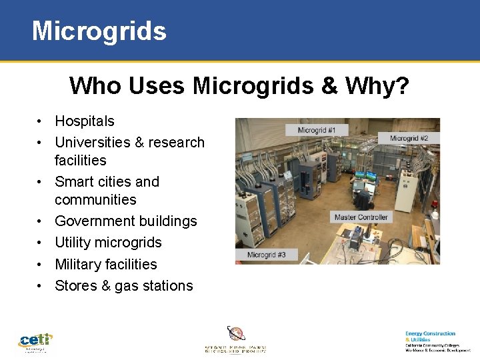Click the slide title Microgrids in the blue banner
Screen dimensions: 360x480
point(99,31)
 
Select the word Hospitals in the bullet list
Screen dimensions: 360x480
point(85,121)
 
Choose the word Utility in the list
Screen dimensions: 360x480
point(72,243)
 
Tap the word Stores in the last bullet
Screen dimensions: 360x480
point(75,286)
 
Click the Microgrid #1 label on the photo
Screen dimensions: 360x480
point(317,130)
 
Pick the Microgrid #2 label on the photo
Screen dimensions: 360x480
point(409,139)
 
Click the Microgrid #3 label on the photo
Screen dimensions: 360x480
point(266,255)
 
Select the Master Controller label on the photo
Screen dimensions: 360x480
point(361,217)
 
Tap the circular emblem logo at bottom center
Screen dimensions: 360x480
point(235,333)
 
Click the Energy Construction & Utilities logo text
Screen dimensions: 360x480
point(431,336)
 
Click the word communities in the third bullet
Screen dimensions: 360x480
point(95,200)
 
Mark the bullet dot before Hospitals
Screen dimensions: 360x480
point(41,121)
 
